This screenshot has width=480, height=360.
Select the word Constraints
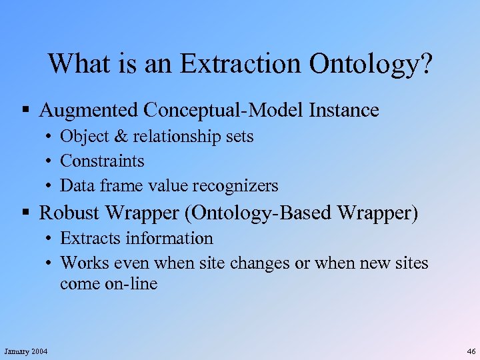tap(102, 161)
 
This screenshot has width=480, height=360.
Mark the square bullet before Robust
tap(26, 213)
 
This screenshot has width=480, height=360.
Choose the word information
tap(172, 238)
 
